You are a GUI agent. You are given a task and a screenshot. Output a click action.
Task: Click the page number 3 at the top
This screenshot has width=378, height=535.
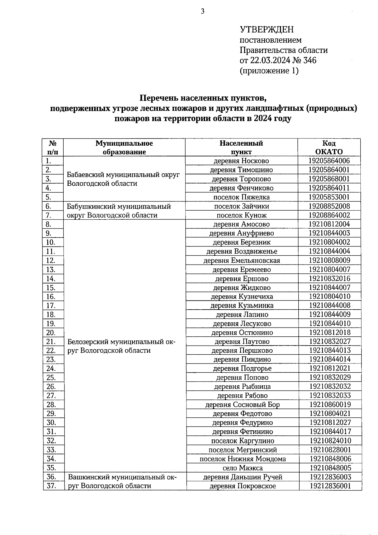(203, 12)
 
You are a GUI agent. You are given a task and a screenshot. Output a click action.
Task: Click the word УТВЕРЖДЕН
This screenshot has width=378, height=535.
(266, 30)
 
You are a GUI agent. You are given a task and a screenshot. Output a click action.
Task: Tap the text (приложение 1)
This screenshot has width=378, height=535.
(269, 71)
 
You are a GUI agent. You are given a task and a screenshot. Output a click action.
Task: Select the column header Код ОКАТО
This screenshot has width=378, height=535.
(329, 147)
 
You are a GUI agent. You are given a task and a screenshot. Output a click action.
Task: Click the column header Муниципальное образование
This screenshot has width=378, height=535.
(124, 147)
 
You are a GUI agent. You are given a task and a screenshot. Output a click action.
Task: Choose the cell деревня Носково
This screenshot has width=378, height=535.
(241, 161)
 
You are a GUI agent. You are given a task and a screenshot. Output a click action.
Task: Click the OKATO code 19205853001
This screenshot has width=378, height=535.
(329, 197)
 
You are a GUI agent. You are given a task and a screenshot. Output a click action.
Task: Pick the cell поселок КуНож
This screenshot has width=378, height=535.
(241, 215)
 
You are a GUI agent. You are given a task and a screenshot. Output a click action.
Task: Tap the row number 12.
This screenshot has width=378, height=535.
(51, 260)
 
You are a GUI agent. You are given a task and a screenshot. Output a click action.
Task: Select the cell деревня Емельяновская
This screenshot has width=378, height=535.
(242, 260)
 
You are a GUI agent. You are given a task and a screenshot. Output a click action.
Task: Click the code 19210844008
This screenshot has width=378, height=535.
(329, 305)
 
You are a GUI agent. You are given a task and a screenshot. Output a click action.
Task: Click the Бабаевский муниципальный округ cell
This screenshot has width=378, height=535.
(123, 179)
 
